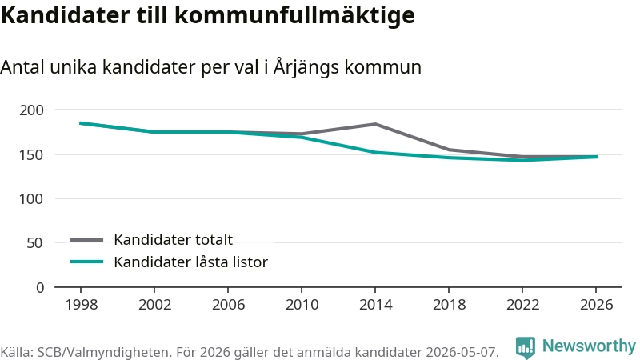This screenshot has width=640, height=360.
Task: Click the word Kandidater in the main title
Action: point(65,15)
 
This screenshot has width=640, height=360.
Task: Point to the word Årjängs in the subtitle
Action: point(306,67)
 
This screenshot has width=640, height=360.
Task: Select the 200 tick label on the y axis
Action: point(31,110)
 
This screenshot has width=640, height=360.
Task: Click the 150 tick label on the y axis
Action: point(31,154)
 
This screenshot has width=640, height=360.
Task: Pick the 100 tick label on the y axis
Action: point(31,199)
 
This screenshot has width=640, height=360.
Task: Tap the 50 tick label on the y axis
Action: point(34,243)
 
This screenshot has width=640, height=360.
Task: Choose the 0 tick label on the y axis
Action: point(40,288)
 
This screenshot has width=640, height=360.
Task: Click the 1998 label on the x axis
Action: point(82,305)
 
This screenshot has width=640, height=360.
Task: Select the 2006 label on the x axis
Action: point(228,305)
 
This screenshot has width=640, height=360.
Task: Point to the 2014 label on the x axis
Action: point(375,305)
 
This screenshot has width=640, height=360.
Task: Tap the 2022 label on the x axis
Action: point(523,305)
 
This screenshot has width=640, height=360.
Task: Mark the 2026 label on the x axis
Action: point(596,305)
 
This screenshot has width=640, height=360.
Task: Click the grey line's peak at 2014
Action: point(375,124)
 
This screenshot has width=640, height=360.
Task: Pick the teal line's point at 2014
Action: point(375,152)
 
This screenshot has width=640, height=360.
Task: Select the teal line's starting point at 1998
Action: point(81,123)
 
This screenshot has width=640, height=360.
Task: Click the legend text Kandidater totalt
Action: point(173,239)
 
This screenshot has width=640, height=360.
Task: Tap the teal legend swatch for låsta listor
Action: point(87,262)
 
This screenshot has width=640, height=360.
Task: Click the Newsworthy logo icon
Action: point(526,347)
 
